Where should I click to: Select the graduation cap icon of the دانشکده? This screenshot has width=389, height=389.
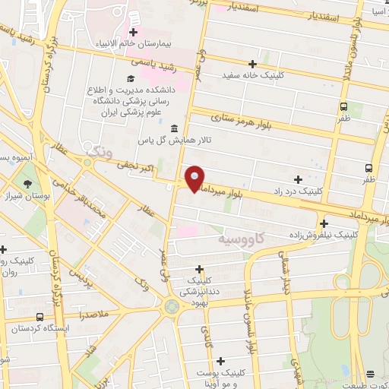[131, 78]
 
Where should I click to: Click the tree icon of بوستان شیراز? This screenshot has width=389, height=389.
[28, 184]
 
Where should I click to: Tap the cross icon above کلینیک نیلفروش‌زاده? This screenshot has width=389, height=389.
[324, 223]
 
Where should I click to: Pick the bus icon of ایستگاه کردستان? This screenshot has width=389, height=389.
[40, 317]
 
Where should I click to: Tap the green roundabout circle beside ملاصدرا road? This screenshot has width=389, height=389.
[172, 305]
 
